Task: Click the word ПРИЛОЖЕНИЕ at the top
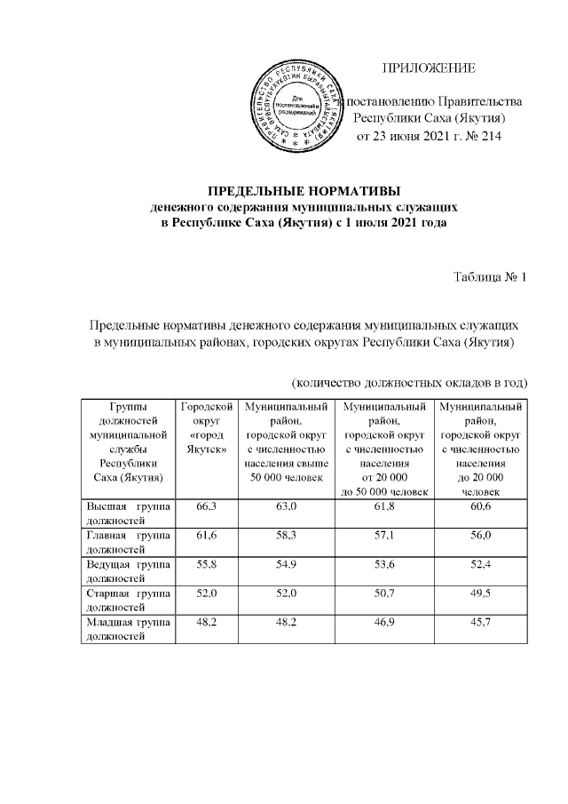[x=429, y=68]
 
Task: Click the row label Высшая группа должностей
[x=126, y=511]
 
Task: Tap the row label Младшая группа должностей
[x=126, y=631]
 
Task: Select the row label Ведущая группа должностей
[x=126, y=571]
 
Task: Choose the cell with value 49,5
[x=480, y=595]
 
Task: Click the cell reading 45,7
[x=480, y=625]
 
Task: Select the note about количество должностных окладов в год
[x=411, y=383]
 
